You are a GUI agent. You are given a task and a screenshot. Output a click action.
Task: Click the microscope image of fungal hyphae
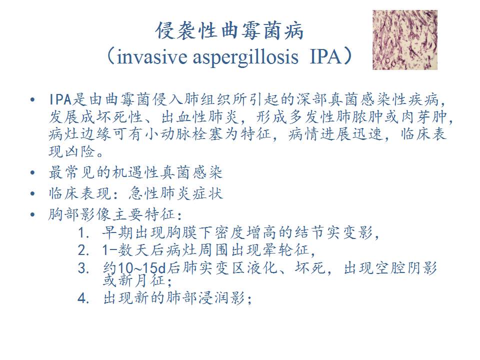[x=404, y=40]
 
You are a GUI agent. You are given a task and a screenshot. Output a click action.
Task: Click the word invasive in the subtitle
[x=152, y=57]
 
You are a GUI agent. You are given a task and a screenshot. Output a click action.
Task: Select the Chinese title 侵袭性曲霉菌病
[x=229, y=31]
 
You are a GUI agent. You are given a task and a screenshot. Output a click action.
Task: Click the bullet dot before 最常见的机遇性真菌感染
[x=33, y=172]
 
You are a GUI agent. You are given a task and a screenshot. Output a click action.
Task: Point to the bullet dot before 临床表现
[x=33, y=193]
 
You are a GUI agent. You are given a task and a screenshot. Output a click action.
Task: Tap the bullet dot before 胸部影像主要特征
[x=33, y=214]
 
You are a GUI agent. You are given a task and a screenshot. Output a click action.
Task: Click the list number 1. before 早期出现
[x=83, y=233]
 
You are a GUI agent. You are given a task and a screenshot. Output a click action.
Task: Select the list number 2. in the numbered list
[x=83, y=250]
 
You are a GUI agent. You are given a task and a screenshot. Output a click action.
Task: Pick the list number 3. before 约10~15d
[x=83, y=268]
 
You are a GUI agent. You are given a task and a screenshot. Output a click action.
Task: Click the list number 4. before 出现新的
[x=83, y=298]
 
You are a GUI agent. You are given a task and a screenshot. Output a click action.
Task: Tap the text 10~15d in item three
[x=141, y=268]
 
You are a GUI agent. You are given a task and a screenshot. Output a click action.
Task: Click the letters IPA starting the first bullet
[x=60, y=99]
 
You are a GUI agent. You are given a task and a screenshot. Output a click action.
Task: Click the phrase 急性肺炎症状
[x=175, y=193]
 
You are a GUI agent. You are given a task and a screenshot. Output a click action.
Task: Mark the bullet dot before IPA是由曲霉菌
[x=33, y=100]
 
